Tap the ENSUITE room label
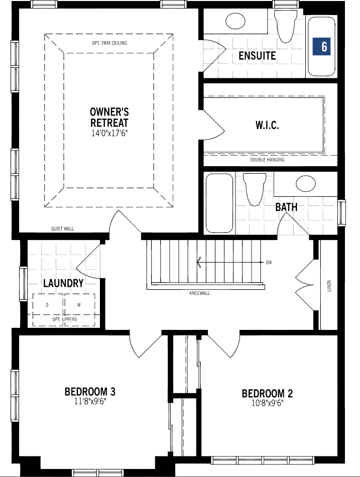257,56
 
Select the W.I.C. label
267,125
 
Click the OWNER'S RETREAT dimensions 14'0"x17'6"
109,134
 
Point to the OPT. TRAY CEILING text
109,43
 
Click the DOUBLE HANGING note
267,160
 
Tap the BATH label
286,207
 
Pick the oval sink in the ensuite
235,21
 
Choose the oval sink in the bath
306,184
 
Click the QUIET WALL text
62,229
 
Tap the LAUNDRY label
63,283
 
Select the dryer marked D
47,305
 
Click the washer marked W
79,305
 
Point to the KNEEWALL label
199,293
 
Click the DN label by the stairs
269,263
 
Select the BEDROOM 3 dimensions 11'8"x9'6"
90,402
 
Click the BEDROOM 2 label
267,394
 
